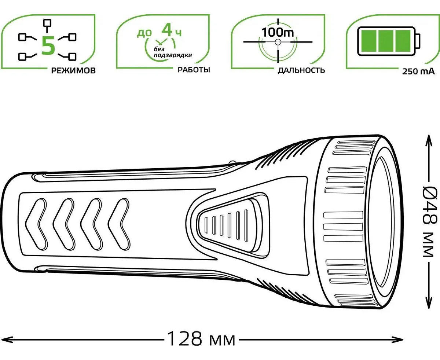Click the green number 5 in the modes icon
[48, 46]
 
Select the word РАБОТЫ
[194, 70]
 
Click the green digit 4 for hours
[167, 30]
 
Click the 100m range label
[278, 32]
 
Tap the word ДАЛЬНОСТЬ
[301, 70]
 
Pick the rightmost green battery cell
[404, 41]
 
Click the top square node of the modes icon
[47, 23]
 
